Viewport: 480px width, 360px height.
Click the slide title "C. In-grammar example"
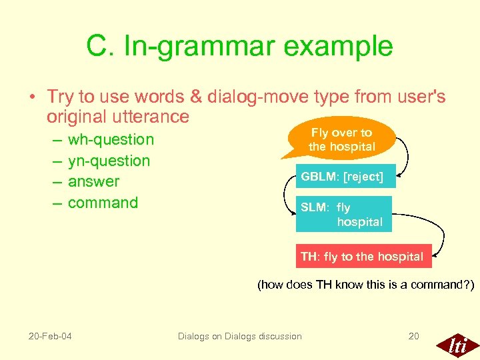[239, 46]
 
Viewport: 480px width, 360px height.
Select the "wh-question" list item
[111, 139]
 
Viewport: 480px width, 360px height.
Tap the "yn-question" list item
[109, 161]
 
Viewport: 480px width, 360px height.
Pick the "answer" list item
[93, 181]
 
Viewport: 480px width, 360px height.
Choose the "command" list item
[103, 203]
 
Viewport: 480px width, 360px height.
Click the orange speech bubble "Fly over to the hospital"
[341, 140]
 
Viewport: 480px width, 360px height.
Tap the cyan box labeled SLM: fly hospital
[343, 214]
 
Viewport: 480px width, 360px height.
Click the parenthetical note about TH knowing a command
[365, 285]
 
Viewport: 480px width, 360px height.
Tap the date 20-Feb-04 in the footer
[51, 336]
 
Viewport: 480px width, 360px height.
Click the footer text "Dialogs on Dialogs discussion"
[239, 336]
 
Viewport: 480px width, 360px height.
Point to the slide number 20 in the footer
[413, 336]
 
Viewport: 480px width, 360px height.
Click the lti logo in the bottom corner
[457, 345]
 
